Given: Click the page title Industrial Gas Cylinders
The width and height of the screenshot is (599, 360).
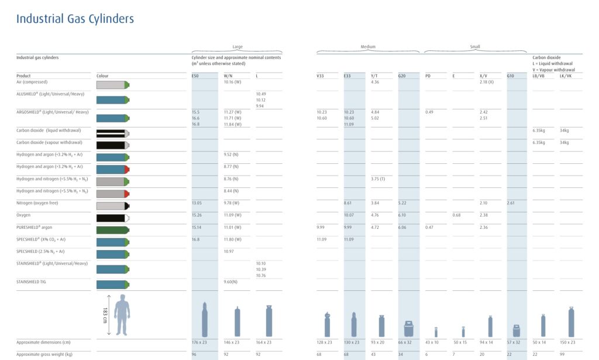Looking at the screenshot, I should coord(75,19).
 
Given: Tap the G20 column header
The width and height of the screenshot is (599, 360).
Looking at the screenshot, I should coord(402,76).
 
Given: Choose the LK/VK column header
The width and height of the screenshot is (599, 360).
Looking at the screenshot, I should coord(566,76).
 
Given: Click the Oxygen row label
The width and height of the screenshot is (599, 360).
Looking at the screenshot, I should coord(23,214).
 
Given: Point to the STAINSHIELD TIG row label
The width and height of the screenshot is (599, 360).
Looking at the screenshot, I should coord(33,282).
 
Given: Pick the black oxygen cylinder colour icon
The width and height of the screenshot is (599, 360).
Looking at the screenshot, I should coord(112,218).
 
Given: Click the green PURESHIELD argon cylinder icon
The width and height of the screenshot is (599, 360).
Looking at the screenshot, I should coord(112,229).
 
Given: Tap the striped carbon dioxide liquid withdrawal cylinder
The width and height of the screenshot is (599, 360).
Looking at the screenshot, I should coord(112,133).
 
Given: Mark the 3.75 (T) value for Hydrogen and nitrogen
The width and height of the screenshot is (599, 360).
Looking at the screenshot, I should coord(378,179).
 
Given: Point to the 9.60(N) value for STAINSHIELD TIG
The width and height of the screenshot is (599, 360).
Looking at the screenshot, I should coord(232,282).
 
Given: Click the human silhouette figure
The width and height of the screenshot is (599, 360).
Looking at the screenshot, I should coord(122,314).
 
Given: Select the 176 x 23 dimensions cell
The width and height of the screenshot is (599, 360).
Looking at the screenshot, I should coord(200,342).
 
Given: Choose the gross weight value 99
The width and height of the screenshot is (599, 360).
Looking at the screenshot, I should coord(562,355).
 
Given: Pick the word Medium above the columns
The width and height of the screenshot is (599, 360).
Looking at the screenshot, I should coord(368,47).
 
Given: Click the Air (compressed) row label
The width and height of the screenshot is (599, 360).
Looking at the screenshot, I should coord(31,82).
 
